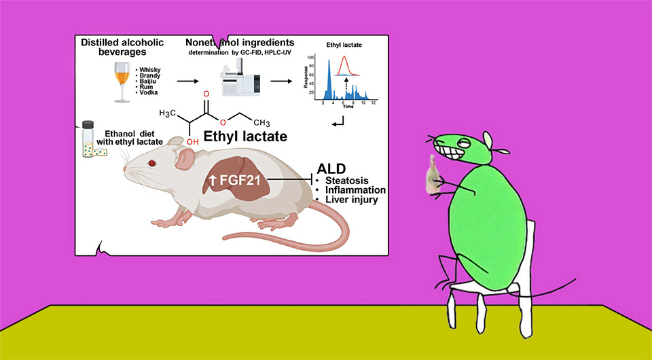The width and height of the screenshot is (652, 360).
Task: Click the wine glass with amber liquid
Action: click(122, 78)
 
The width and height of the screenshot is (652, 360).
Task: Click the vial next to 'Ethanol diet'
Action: click(88, 139)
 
